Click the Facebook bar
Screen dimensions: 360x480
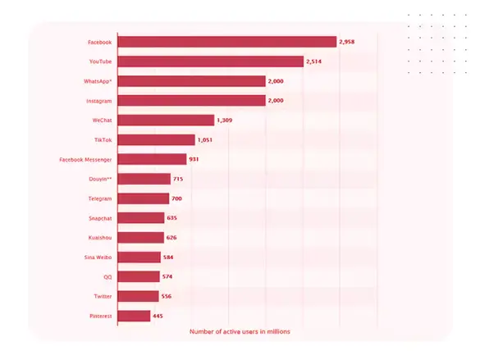227,42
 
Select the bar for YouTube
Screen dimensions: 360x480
211,62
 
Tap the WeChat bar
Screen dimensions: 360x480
166,121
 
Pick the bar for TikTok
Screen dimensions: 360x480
157,140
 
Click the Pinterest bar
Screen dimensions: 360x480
135,316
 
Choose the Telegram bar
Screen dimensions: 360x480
144,198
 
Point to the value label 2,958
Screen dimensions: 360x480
350,42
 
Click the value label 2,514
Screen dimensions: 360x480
317,62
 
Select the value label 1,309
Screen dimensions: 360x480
226,121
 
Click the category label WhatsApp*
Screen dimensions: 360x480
98,81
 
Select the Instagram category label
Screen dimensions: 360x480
98,101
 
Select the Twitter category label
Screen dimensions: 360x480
101,296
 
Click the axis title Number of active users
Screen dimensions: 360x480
240,331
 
